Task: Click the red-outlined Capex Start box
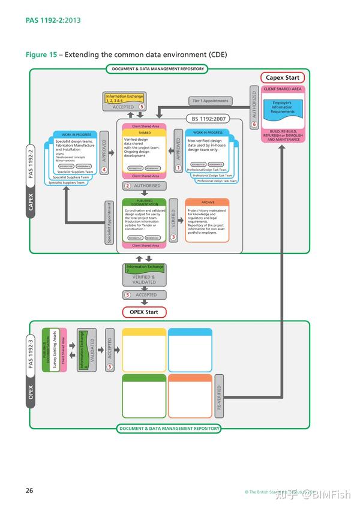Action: [283, 78]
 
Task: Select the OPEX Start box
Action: [144, 312]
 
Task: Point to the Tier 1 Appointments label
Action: [210, 101]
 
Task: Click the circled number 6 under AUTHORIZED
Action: [254, 124]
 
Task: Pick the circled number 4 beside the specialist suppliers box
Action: [104, 170]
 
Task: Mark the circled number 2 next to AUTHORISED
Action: [127, 186]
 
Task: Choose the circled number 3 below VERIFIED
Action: [173, 237]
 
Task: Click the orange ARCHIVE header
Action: [207, 202]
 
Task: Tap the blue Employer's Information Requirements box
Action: [282, 108]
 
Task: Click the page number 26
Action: [29, 490]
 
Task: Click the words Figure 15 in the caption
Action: [41, 55]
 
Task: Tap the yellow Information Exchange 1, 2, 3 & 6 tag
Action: [124, 98]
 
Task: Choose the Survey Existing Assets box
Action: [54, 350]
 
